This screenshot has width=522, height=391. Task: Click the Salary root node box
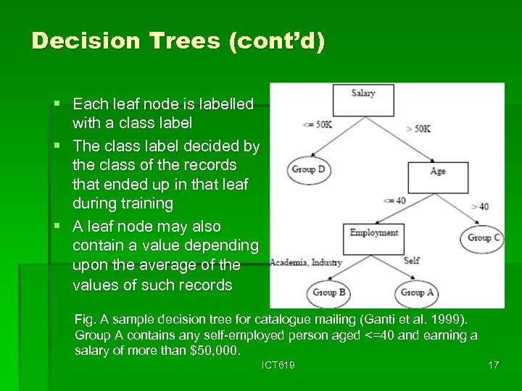click(363, 99)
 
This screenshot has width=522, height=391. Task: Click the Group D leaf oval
click(308, 169)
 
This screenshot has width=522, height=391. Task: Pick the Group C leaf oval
click(484, 238)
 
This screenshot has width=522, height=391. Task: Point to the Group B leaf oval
click(329, 293)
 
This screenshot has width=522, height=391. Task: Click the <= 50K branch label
click(317, 125)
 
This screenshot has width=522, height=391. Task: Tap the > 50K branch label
click(418, 128)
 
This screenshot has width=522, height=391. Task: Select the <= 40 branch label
click(395, 201)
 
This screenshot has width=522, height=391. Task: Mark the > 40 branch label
click(480, 206)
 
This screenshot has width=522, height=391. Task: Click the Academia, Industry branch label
click(306, 262)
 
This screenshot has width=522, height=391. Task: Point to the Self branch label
click(412, 261)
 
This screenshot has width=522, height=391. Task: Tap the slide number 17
click(493, 365)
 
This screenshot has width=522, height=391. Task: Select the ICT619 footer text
click(278, 365)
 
